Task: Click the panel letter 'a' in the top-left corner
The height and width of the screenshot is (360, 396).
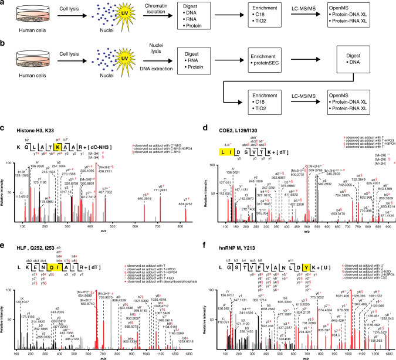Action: pyautogui.click(x=3, y=4)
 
